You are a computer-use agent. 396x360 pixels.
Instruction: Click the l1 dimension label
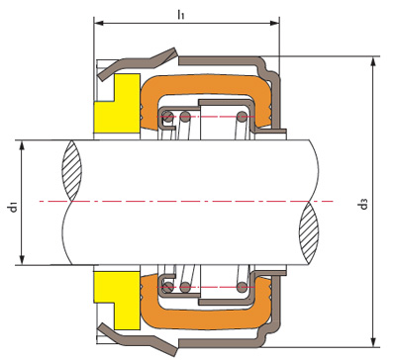point(180,15)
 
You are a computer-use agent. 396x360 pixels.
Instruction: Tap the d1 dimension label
point(13,208)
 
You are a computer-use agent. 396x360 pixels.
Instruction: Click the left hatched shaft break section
point(71,171)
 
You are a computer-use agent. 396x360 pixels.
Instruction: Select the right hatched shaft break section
point(309,232)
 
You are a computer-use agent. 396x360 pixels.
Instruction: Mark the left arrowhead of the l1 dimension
point(99,23)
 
